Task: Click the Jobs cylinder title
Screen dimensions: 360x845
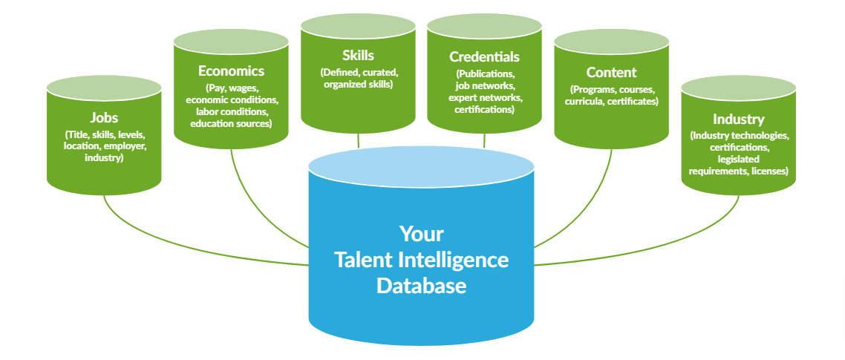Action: tap(104, 117)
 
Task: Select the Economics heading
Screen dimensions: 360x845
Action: tap(231, 71)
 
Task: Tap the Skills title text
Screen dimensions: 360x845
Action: tap(358, 56)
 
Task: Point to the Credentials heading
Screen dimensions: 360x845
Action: tap(484, 57)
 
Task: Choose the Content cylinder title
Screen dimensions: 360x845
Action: tap(611, 73)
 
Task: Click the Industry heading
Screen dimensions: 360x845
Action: tap(738, 119)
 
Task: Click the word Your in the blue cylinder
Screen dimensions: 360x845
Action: tap(421, 234)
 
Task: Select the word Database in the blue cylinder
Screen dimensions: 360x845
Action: tap(421, 286)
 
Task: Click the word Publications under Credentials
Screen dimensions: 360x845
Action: tap(485, 74)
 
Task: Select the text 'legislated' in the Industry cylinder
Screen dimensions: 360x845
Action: tap(738, 160)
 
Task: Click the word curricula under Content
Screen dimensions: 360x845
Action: tap(584, 101)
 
